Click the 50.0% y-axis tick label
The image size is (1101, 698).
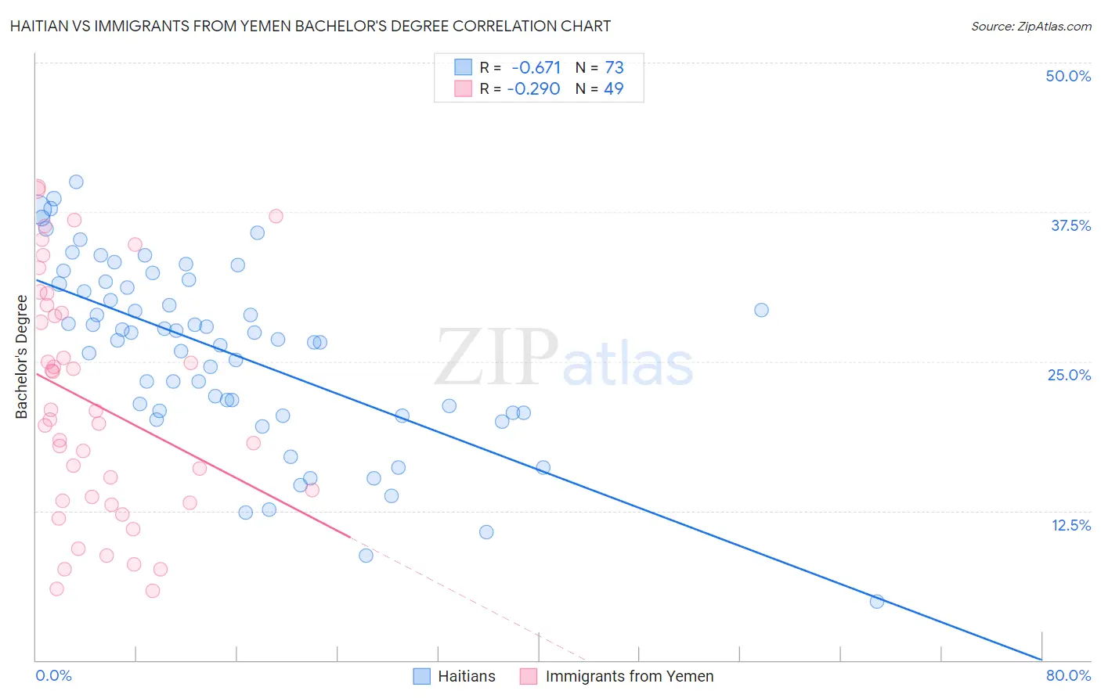pos(1068,76)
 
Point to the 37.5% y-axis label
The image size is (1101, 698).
pos(1070,225)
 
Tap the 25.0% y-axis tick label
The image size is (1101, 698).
pos(1069,375)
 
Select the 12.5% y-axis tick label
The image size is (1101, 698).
pos(1070,525)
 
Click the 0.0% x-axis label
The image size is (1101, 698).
pos(53,675)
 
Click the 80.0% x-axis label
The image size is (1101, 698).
pos(1068,675)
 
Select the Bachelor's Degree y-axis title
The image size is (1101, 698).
pos(22,357)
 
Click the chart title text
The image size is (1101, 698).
pos(310,26)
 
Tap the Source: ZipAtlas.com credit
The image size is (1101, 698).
pos(1031,26)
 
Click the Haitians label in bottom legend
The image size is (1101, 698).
pos(467,676)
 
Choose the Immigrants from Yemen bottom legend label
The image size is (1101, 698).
pos(630,676)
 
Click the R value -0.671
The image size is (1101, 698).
pos(536,68)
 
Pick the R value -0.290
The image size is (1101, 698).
pos(534,89)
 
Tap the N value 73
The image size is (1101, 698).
pos(614,68)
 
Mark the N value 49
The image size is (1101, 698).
pos(614,89)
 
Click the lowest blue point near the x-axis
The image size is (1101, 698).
pos(877,601)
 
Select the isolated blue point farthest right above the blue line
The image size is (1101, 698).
pos(761,310)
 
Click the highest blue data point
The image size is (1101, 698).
pos(76,182)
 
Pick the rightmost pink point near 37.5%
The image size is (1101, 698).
pos(276,216)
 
